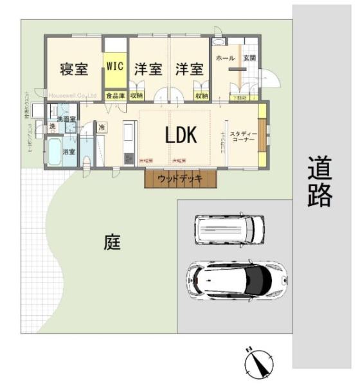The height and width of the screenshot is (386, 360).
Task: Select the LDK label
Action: click(181, 135)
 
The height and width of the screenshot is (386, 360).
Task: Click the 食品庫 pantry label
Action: click(116, 96)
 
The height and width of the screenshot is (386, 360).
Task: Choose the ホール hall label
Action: click(225, 58)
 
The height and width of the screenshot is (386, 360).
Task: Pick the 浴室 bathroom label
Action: click(69, 152)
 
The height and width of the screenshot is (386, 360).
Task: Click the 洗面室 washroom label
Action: click(66, 120)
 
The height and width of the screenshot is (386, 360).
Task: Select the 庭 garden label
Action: click(113, 243)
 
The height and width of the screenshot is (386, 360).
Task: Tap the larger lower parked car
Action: click(236, 279)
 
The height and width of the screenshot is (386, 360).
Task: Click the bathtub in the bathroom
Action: click(54, 152)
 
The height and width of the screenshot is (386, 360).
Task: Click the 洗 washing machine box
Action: click(53, 127)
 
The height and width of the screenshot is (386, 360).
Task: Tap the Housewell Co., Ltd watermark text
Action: click(71, 95)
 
